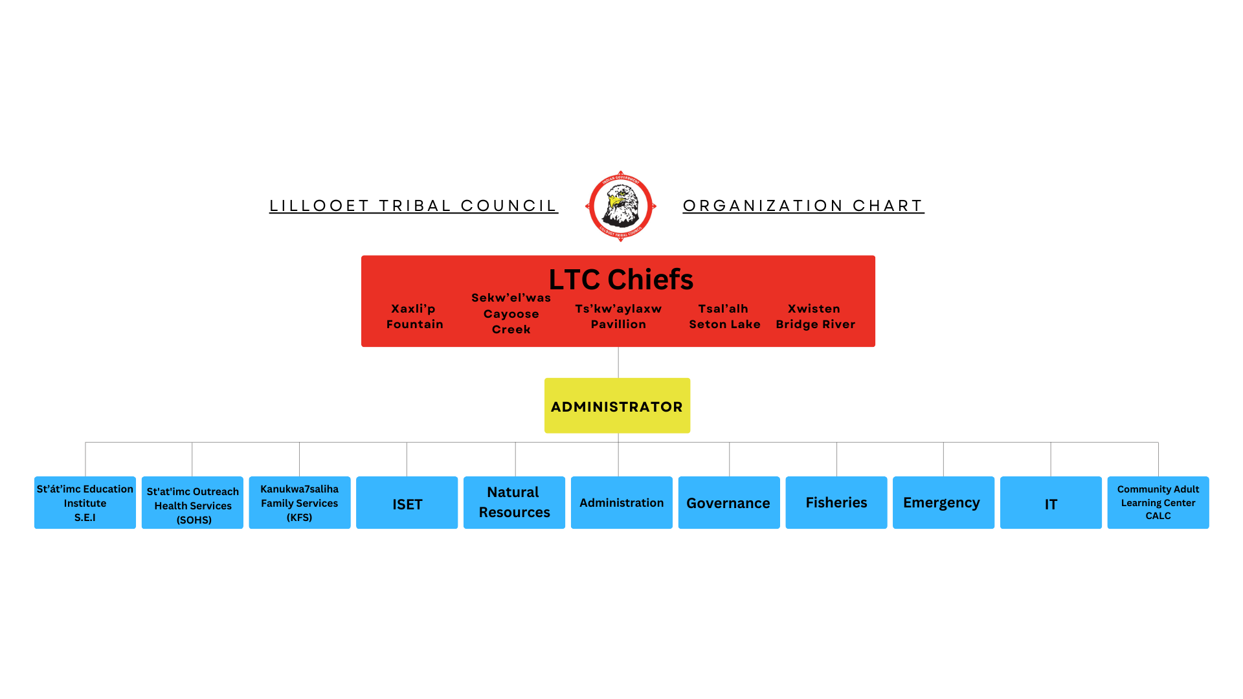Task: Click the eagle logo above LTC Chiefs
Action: click(621, 206)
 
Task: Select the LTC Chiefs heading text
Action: click(621, 280)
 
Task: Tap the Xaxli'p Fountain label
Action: click(414, 316)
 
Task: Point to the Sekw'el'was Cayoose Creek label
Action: click(511, 314)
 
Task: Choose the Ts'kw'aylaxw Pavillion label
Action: click(618, 316)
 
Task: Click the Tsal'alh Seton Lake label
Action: click(724, 316)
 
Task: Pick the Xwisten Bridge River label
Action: click(815, 316)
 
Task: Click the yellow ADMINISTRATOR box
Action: click(617, 406)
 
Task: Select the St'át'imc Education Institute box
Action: click(85, 503)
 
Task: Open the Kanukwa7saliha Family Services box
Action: click(300, 503)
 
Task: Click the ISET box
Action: click(407, 504)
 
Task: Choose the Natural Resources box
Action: click(514, 503)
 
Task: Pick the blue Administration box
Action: click(621, 503)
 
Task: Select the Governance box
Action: click(728, 503)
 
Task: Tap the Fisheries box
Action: click(836, 503)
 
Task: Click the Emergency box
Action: click(943, 503)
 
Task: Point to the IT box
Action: click(1051, 504)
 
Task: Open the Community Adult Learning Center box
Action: click(1158, 503)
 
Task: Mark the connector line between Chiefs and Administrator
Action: click(618, 362)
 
